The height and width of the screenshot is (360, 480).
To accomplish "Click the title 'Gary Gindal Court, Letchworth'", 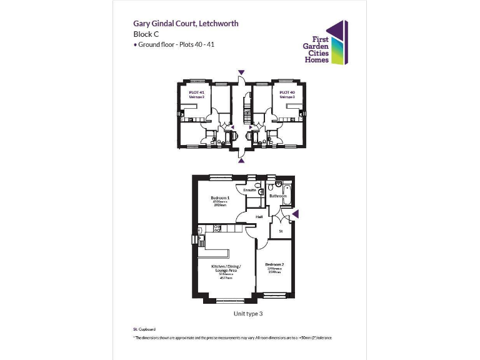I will tap(186, 24).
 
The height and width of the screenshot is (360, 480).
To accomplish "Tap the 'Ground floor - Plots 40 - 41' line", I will tap(175, 46).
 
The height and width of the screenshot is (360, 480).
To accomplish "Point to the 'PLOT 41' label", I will tap(197, 92).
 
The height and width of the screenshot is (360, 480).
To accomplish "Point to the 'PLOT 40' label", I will tap(287, 92).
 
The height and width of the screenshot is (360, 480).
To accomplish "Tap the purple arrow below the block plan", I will tap(241, 160).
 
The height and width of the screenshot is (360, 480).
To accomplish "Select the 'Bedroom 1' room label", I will tap(219, 197).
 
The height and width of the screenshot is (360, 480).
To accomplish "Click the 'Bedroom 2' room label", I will tap(274, 264).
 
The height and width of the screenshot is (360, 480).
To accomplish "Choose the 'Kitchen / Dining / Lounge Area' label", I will tap(226, 267).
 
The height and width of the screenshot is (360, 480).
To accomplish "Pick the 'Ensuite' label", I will tap(249, 190).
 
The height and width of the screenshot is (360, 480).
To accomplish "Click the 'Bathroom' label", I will tap(277, 196).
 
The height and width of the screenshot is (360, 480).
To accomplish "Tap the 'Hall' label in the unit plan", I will tap(259, 217).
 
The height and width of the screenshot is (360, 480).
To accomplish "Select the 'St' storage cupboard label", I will tap(281, 231).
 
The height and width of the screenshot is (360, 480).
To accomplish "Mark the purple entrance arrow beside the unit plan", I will tap(296, 214).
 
